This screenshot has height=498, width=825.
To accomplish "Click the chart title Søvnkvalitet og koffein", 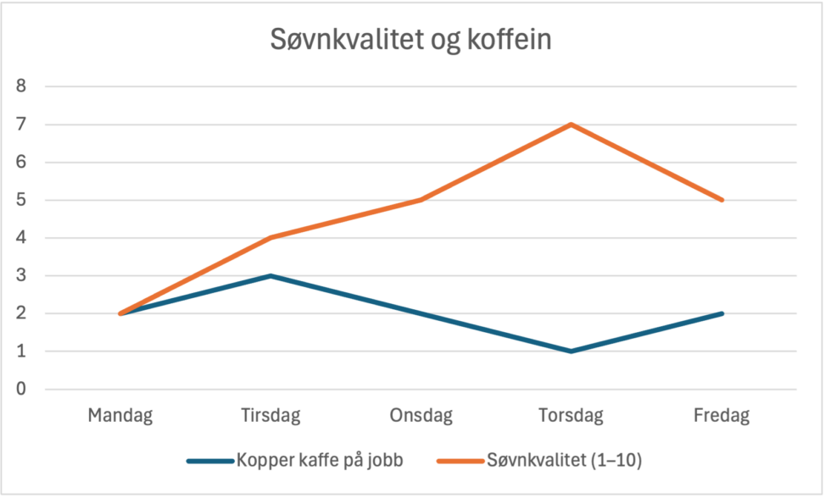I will click(x=411, y=40).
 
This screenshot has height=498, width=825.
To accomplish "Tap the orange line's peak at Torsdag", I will click(x=572, y=125).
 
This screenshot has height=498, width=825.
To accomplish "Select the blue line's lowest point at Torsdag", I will click(x=572, y=351).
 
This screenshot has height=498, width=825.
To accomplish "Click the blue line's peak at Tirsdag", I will click(x=270, y=275).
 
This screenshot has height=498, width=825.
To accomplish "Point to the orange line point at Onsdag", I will click(x=421, y=200).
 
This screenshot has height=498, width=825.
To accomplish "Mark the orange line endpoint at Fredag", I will click(x=722, y=200).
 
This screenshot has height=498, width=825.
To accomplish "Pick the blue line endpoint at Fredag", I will click(x=722, y=313).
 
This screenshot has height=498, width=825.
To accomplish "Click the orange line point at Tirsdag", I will click(x=270, y=238).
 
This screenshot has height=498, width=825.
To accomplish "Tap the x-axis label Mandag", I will click(x=120, y=416).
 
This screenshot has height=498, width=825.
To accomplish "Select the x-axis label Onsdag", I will click(x=421, y=416).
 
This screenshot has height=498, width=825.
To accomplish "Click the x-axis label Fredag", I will click(x=722, y=416).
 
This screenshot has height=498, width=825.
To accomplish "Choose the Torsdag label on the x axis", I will click(x=572, y=416).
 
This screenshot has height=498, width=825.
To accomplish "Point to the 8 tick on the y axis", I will click(x=21, y=86).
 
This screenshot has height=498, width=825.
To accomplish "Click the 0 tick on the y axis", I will click(x=21, y=389).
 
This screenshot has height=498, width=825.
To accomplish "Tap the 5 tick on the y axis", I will click(x=21, y=200).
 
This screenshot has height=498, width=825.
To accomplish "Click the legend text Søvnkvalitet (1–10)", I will click(x=565, y=461).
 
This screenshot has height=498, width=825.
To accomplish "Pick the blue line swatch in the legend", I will click(x=209, y=461).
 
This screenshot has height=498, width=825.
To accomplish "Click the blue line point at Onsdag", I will click(x=421, y=313).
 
